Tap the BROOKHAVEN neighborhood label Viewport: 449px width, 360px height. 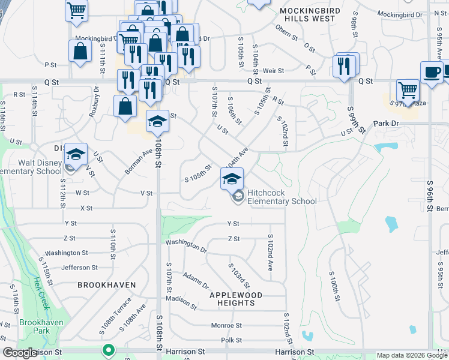pos(106,285)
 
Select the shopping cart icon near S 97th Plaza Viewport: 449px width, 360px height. pos(408,91)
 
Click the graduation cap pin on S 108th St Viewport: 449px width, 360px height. pos(157,122)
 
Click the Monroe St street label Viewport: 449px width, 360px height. pos(226,325)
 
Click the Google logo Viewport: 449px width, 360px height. pos(20,353)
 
